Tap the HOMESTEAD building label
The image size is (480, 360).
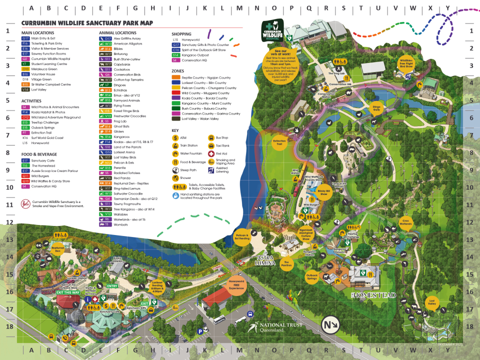[373, 295]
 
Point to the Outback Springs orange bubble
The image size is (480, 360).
[311, 276]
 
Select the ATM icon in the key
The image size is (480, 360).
[175, 137]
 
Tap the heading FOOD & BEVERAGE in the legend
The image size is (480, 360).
[39, 154]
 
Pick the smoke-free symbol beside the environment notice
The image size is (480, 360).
[25, 204]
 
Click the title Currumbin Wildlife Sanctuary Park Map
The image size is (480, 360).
[87, 23]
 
